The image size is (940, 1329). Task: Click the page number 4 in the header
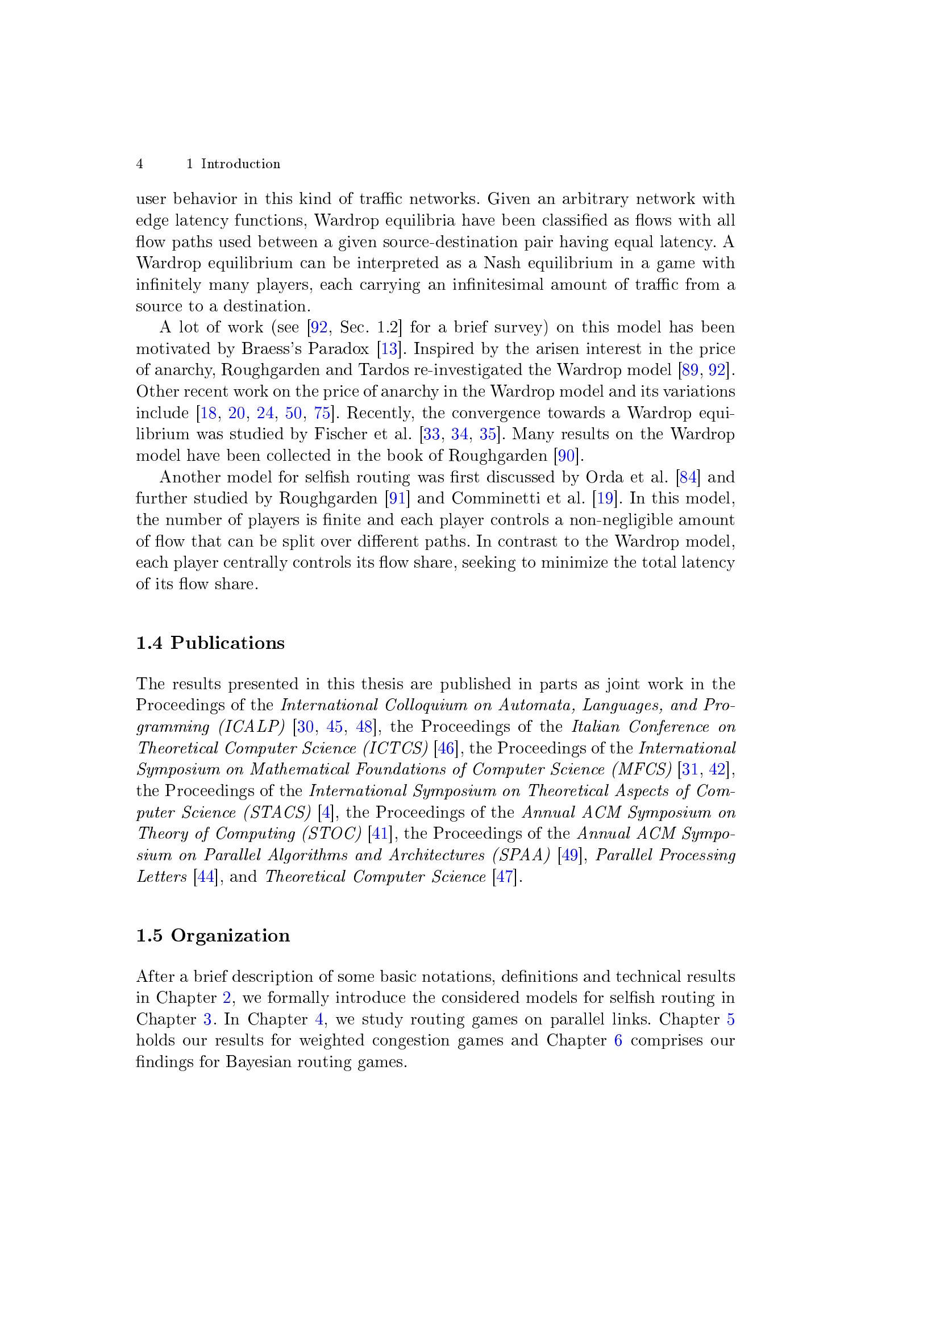click(x=139, y=164)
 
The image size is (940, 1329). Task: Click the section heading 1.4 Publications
click(x=210, y=643)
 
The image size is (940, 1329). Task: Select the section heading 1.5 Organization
click(x=213, y=935)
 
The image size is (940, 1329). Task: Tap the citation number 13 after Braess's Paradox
click(x=389, y=349)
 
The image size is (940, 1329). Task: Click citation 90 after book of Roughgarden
click(x=566, y=456)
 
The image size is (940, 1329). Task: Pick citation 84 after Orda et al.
click(x=688, y=477)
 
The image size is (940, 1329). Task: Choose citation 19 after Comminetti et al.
click(x=605, y=498)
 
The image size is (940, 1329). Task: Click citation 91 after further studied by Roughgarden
click(x=397, y=498)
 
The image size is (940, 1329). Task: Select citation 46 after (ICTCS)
click(x=446, y=748)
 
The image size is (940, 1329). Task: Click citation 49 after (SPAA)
click(x=569, y=855)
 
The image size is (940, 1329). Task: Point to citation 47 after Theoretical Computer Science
click(x=504, y=876)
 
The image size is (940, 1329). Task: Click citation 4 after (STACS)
click(x=326, y=813)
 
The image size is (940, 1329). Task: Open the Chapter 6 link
click(x=618, y=1041)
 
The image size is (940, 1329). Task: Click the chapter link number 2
click(x=227, y=998)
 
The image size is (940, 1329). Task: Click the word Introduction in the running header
click(x=240, y=164)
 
